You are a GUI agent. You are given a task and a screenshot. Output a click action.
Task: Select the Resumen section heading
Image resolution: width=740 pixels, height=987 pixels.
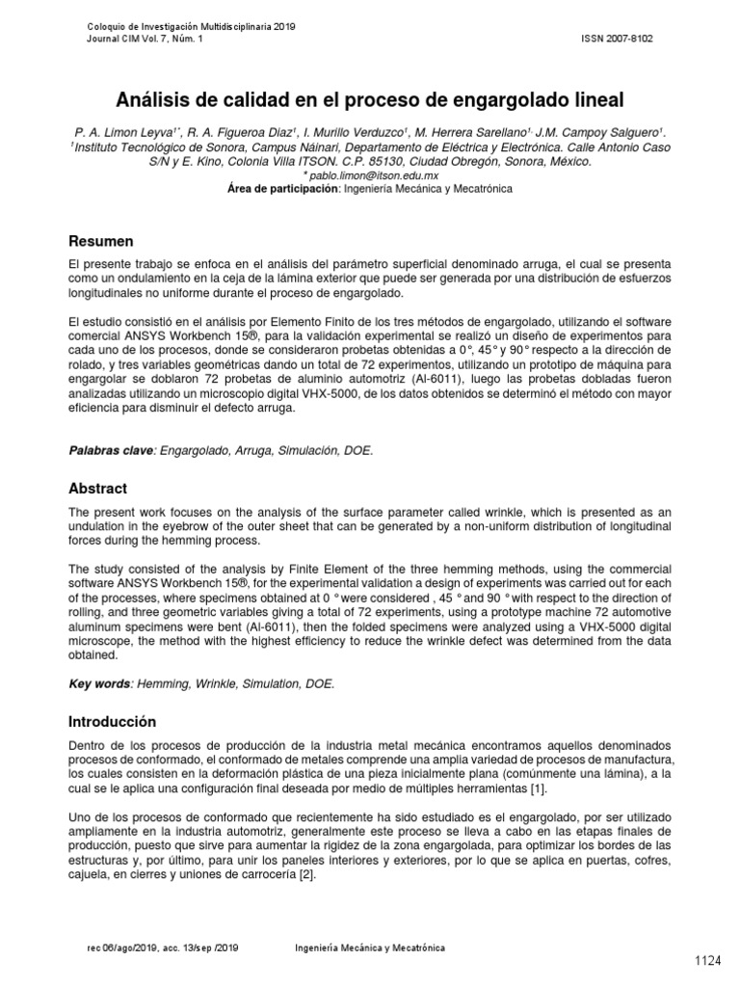point(100,240)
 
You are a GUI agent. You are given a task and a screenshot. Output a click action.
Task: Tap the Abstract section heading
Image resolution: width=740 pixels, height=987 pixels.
point(97,489)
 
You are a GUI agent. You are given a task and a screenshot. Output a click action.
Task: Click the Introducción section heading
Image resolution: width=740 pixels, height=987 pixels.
point(112,721)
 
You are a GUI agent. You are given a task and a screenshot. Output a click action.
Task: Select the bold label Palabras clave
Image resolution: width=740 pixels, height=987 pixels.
point(109,450)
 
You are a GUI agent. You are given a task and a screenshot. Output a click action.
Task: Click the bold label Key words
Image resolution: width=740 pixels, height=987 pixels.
point(99,683)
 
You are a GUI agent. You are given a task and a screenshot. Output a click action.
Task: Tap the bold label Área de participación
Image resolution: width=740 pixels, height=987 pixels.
point(279,190)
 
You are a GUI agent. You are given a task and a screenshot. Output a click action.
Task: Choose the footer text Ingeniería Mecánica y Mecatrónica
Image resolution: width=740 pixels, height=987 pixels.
point(370,948)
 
